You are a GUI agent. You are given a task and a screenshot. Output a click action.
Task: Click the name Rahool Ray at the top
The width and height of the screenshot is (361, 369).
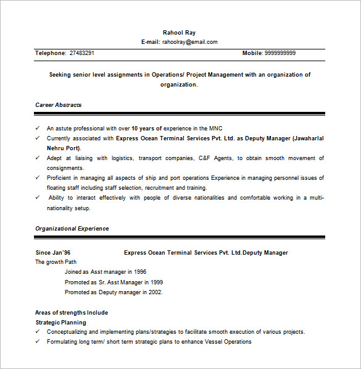pyautogui.click(x=179, y=32)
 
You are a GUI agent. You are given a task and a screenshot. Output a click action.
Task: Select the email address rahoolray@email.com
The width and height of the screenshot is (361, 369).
pyautogui.click(x=190, y=42)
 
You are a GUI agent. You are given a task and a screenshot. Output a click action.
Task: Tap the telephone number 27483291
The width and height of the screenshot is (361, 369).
pyautogui.click(x=82, y=53)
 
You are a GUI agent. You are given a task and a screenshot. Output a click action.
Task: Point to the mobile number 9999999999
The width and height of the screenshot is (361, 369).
pyautogui.click(x=280, y=53)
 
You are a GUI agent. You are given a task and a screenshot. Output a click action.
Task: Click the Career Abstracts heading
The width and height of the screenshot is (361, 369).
pyautogui.click(x=59, y=105)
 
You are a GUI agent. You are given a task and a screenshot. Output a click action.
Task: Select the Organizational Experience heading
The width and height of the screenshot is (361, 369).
pyautogui.click(x=72, y=229)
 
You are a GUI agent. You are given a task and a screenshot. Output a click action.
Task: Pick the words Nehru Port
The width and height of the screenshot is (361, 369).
pyautogui.click(x=64, y=148)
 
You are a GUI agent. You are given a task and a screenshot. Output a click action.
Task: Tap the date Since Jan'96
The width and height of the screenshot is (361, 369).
pyautogui.click(x=53, y=253)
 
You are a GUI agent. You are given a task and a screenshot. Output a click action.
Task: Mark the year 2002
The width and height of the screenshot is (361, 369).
pyautogui.click(x=156, y=292)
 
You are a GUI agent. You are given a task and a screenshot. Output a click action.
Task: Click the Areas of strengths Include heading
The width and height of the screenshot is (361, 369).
pyautogui.click(x=72, y=313)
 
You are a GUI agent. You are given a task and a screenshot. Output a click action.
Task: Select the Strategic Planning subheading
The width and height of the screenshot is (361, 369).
pyautogui.click(x=61, y=323)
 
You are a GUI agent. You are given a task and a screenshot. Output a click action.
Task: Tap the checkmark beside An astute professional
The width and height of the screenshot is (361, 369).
pyautogui.click(x=38, y=129)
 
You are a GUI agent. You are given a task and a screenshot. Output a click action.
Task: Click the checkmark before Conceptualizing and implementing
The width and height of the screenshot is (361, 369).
pyautogui.click(x=38, y=332)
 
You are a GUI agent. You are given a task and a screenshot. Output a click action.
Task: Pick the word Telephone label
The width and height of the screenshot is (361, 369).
pyautogui.click(x=51, y=53)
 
